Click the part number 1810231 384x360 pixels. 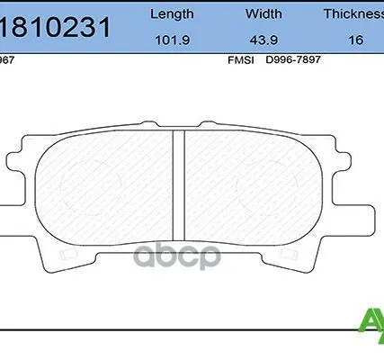pyautogui.click(x=56, y=27)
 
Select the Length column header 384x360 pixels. pyautogui.click(x=171, y=13)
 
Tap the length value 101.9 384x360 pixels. pyautogui.click(x=171, y=39)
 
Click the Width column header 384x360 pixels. pyautogui.click(x=264, y=13)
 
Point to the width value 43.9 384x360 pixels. pyautogui.click(x=264, y=39)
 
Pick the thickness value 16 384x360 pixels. pyautogui.click(x=357, y=39)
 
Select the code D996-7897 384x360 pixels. pyautogui.click(x=291, y=60)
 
